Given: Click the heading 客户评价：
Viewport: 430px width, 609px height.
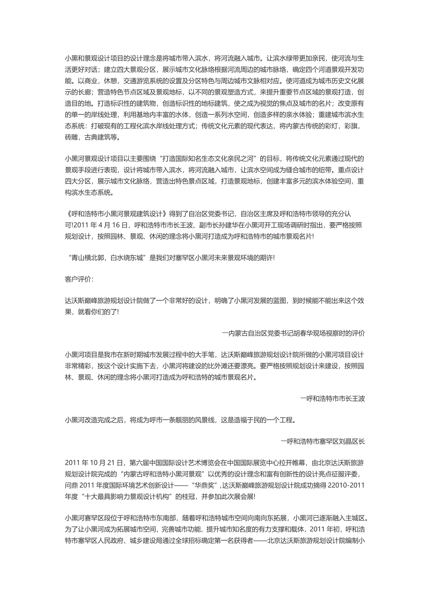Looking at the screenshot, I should (x=79, y=279).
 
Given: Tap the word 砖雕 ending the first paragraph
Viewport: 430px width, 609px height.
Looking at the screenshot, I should (x=72, y=138).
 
